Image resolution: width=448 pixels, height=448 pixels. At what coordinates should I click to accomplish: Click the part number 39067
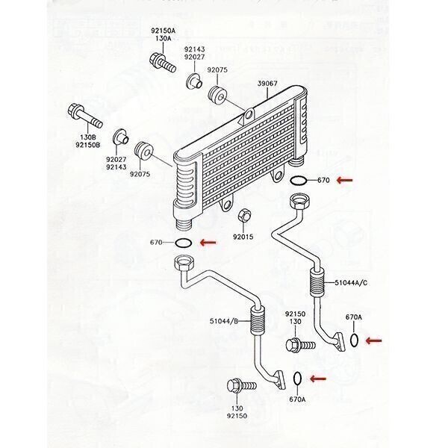[x=268, y=84]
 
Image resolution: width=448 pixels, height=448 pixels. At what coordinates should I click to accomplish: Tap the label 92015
[x=243, y=237]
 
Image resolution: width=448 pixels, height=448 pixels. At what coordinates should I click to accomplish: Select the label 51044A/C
[x=352, y=284]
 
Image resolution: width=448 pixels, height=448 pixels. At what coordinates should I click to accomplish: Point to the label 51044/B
[x=224, y=322]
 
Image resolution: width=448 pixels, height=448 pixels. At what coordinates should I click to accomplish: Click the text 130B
[x=88, y=137]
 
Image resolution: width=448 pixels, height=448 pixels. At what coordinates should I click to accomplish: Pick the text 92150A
[x=163, y=29]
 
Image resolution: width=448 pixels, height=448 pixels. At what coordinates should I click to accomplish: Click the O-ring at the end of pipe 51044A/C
[x=355, y=340]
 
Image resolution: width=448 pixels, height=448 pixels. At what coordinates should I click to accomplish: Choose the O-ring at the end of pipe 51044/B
[x=298, y=379]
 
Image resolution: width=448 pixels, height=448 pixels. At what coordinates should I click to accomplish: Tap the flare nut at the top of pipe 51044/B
[x=184, y=264]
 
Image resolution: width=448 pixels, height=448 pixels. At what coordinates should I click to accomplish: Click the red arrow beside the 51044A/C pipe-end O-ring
[x=374, y=340]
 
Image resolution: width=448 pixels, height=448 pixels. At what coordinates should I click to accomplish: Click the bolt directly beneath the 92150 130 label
[x=295, y=345]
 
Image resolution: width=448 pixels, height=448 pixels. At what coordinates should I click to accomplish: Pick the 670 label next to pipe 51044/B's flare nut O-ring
[x=156, y=243]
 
